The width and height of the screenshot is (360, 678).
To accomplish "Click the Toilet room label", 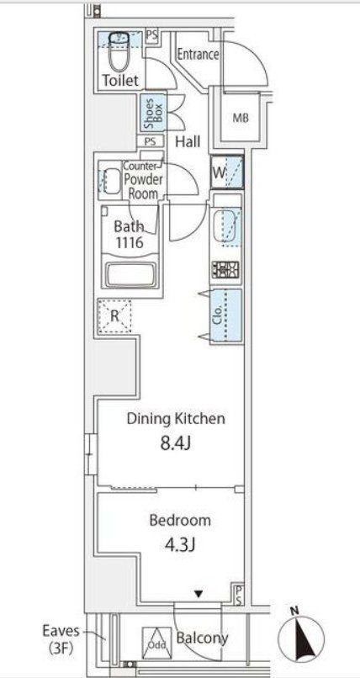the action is click(120, 80).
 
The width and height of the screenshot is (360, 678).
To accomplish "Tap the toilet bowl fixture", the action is click(119, 52).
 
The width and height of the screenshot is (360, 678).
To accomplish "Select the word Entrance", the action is click(198, 55).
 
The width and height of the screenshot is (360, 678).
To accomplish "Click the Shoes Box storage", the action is click(153, 113).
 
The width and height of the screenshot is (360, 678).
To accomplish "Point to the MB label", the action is click(241, 118).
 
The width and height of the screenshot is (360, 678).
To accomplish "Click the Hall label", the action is click(188, 141).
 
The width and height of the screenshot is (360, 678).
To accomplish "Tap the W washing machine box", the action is click(228, 172).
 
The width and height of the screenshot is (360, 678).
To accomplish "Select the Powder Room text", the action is click(143, 186).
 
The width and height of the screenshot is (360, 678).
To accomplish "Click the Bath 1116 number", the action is click(129, 242).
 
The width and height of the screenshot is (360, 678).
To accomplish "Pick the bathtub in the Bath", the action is click(130, 274).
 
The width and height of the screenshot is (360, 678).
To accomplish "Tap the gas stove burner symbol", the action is click(226, 270).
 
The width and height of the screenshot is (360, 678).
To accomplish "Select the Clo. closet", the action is click(226, 317).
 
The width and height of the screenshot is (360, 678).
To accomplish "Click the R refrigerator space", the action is click(114, 316).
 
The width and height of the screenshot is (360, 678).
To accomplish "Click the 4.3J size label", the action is click(180, 544).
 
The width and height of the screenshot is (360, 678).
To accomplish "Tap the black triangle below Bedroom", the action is click(198, 595).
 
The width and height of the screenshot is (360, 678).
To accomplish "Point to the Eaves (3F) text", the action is click(61, 638).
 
